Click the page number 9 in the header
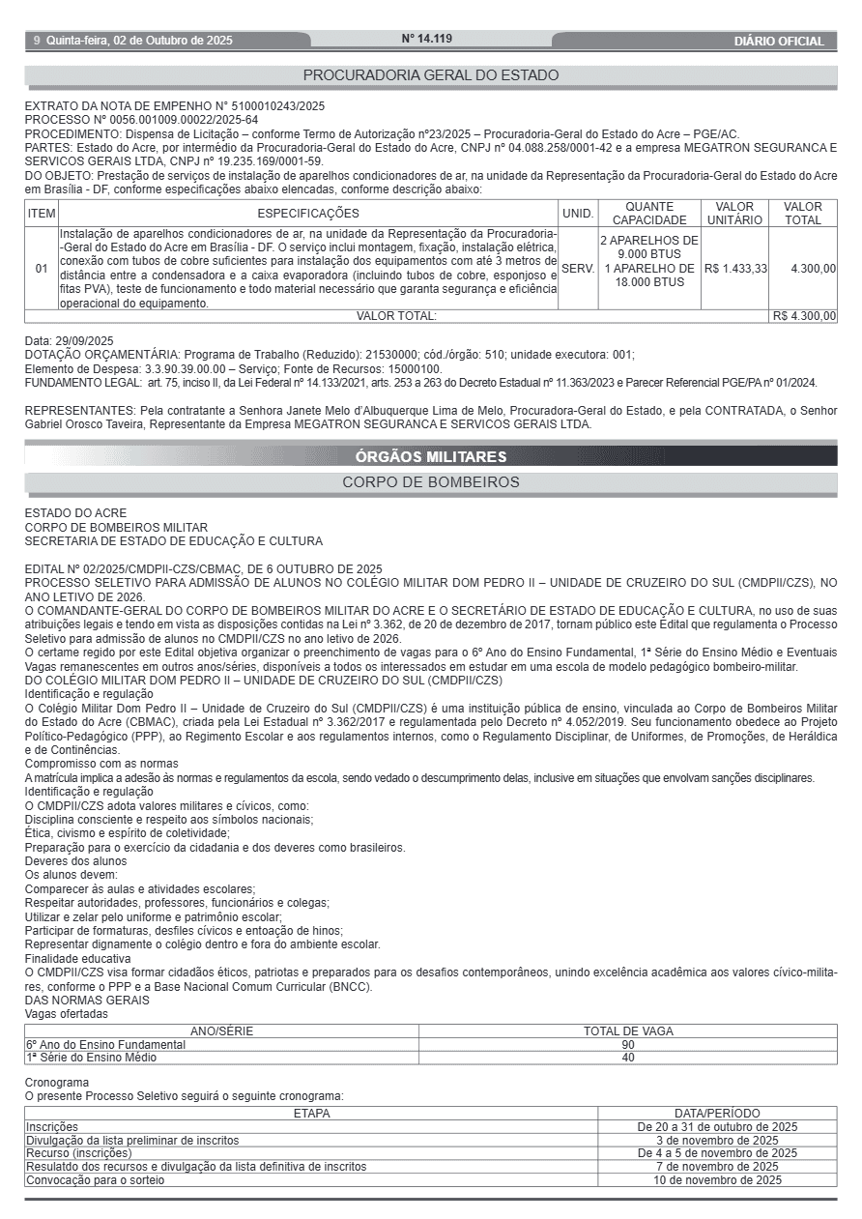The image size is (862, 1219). coord(37,41)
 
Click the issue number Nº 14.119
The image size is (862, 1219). coord(426,39)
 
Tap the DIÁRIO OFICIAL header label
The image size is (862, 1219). coord(779,41)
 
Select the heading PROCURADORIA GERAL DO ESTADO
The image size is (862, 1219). coord(431,75)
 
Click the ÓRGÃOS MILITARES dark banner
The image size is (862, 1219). coord(431,456)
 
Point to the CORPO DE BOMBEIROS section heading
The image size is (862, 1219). coord(431,481)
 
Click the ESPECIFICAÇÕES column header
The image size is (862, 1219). coord(308,214)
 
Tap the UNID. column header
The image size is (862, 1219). coord(578,214)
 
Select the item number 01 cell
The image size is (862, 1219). coord(42,268)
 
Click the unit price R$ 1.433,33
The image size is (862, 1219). coord(735,268)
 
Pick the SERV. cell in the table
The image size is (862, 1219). coord(578,268)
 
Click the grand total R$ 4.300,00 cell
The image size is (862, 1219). coord(804,316)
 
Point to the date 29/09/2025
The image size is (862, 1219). coord(84,341)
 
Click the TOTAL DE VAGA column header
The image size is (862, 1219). coord(628,1031)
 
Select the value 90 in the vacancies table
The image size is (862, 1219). coord(628,1045)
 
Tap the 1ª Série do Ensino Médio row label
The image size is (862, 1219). coord(91,1058)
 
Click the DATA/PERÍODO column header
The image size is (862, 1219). coord(717,1114)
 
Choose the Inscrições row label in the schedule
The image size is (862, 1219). coord(52,1127)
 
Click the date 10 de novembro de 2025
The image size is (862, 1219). coord(717,1180)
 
